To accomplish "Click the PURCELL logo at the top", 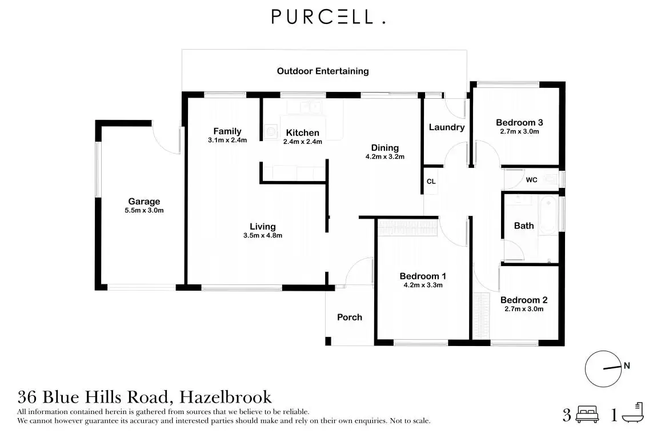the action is (328, 17).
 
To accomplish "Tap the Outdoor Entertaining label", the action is (323, 71).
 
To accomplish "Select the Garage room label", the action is (144, 202).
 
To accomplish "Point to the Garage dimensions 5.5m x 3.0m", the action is (144, 211).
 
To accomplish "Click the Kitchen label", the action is (303, 133).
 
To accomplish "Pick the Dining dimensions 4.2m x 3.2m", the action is (385, 156).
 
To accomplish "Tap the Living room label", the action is (263, 227).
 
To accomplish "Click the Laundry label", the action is (446, 127).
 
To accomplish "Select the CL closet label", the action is (431, 182).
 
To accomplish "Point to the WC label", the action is (531, 180).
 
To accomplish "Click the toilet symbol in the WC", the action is (550, 179).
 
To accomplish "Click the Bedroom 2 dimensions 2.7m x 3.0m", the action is (523, 309).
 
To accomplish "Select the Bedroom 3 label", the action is (519, 122).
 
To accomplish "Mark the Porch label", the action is (349, 318).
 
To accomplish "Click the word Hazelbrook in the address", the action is (225, 397).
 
